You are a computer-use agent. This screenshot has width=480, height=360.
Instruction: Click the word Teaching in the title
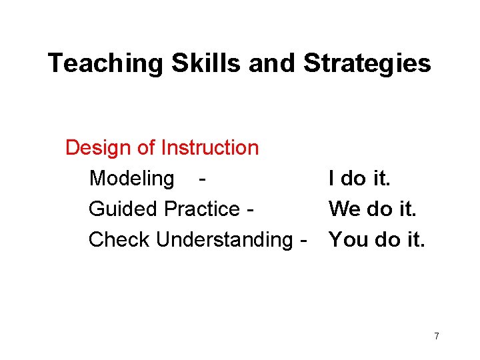point(105,64)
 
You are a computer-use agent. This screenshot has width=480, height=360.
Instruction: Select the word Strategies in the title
point(367,64)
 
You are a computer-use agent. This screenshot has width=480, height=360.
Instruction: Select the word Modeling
point(131,179)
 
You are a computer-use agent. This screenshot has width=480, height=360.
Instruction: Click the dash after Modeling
point(201,179)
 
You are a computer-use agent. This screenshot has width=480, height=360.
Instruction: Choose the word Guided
point(123,209)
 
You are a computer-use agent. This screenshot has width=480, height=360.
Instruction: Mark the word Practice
point(202,209)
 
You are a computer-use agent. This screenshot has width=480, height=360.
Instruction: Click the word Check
point(119,239)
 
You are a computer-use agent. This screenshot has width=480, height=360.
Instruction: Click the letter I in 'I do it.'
point(331,178)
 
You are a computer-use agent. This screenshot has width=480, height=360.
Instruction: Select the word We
point(344,209)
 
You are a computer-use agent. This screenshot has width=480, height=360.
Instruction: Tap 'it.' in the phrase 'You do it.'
point(413,239)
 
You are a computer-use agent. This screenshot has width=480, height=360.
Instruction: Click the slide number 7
point(436,336)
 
